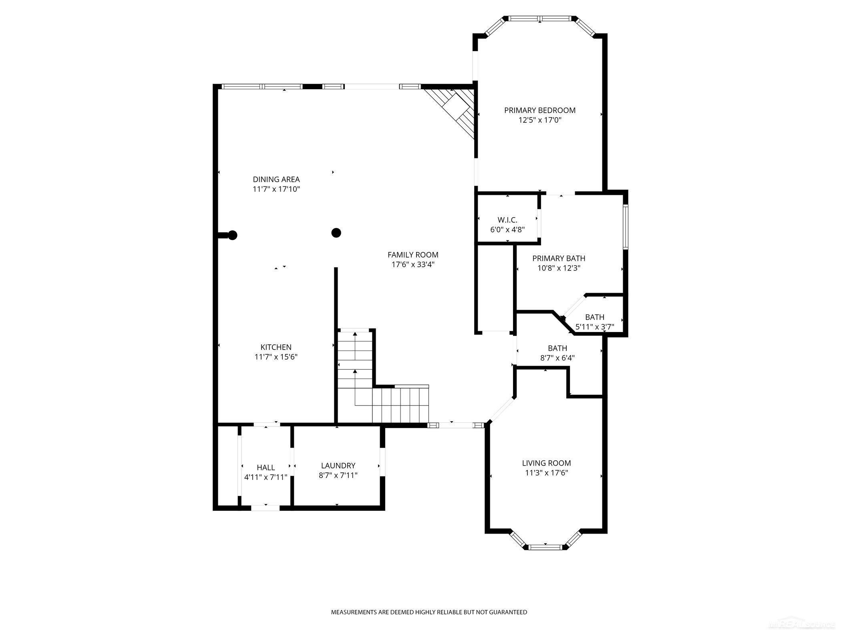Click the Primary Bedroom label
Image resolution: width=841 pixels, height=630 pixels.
[x=540, y=110]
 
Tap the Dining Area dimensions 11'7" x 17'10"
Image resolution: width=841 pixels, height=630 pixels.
[x=276, y=189]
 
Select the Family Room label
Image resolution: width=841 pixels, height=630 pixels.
[x=413, y=255]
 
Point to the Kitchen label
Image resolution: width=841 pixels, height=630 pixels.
[x=276, y=347]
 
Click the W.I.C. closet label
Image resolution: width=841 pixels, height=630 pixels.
[x=507, y=220]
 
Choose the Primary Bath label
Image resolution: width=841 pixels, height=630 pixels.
[x=559, y=258]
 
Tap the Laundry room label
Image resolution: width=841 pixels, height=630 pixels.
[x=338, y=466]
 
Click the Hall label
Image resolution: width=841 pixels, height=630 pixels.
[x=266, y=468]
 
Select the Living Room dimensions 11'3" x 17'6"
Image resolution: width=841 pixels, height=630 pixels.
[x=547, y=473]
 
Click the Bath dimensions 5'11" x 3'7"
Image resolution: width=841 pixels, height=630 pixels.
[x=595, y=327]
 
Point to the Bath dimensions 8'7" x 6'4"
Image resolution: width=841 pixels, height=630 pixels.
[x=557, y=358]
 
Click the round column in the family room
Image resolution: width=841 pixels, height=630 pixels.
[x=336, y=232]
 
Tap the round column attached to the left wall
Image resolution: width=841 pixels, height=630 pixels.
[x=232, y=235]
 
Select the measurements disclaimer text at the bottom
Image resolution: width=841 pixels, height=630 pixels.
[x=429, y=612]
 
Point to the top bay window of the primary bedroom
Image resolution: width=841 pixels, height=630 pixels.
[x=540, y=18]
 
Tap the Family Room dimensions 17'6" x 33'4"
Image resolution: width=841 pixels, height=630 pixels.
[x=413, y=264]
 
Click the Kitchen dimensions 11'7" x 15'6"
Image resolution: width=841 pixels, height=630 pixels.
[x=276, y=357]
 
